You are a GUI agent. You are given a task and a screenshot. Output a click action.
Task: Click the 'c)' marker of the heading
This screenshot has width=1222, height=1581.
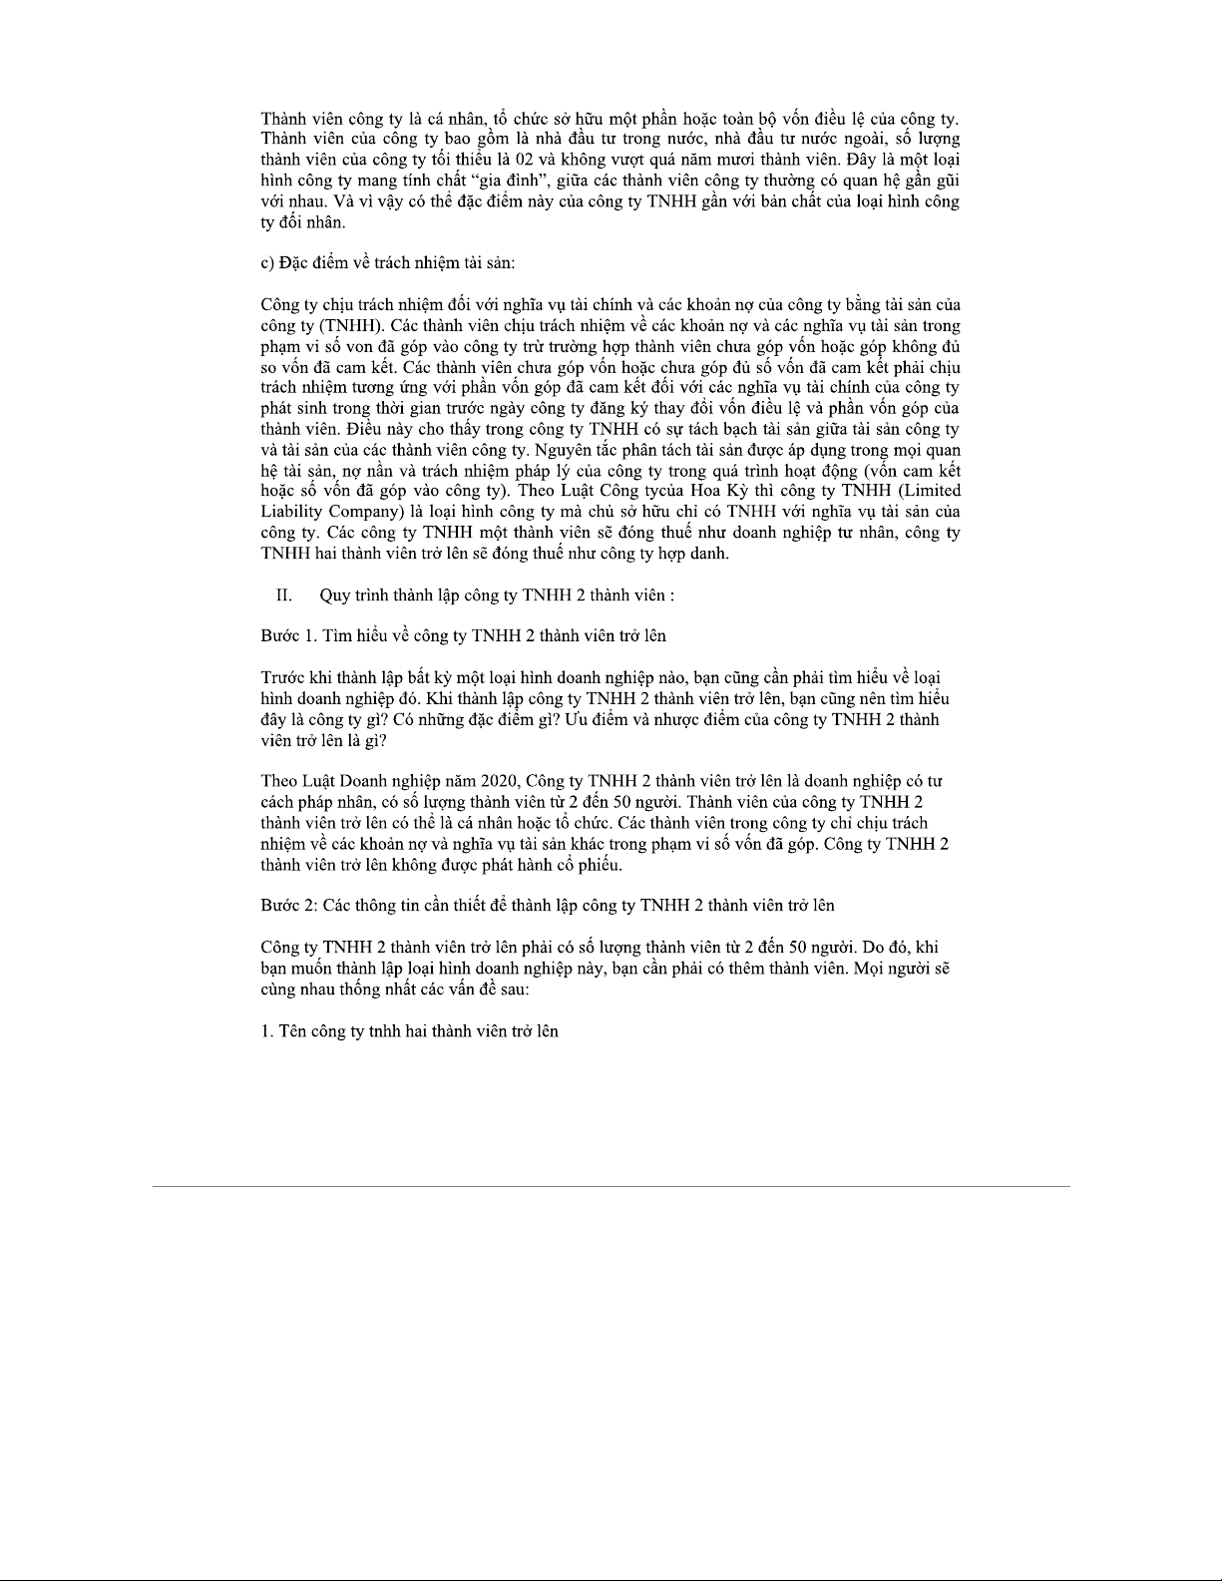(x=267, y=263)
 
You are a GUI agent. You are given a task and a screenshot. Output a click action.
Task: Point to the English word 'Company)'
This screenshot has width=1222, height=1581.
(x=370, y=512)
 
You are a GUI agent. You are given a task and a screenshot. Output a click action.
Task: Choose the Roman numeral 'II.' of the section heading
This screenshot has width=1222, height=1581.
(x=283, y=595)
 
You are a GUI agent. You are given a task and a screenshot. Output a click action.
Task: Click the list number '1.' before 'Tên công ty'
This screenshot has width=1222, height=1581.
(x=267, y=1031)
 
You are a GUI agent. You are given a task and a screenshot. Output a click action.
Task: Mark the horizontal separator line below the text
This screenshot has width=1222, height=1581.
(x=611, y=1186)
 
